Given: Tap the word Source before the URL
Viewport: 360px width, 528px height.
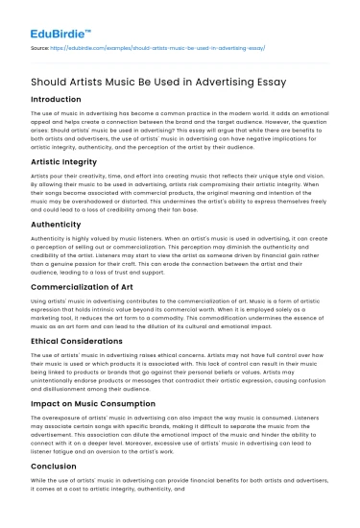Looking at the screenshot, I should (41, 45).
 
